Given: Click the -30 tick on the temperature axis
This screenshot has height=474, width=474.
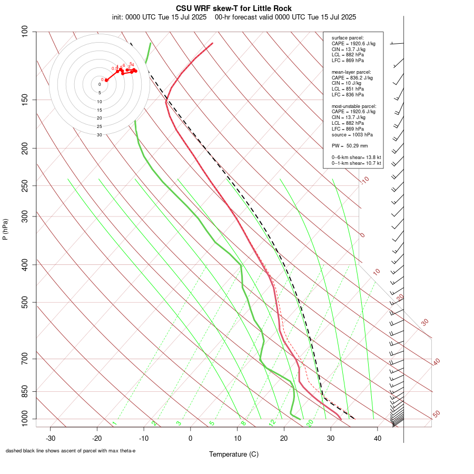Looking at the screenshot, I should [x=51, y=438].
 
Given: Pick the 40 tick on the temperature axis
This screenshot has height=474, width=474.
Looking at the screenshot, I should [x=377, y=438].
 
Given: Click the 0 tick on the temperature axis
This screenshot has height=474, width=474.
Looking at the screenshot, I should [x=191, y=438].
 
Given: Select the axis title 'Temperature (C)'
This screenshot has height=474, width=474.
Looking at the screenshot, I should [x=234, y=454].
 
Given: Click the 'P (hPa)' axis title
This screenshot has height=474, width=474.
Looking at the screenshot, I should [x=5, y=229].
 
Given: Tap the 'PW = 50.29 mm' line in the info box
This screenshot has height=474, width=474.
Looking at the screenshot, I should [x=350, y=146].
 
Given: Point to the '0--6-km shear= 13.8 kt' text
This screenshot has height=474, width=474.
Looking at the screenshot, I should [x=356, y=157].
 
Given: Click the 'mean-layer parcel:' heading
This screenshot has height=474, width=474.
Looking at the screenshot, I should [x=351, y=72].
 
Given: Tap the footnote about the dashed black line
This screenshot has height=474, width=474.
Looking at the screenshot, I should [x=71, y=451].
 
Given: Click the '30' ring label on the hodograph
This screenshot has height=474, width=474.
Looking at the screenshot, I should [x=100, y=135].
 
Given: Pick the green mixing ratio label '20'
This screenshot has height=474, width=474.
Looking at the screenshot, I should [x=310, y=423].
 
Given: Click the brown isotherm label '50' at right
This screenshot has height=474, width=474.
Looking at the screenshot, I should [x=436, y=414].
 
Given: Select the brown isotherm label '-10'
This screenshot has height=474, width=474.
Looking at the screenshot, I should [x=364, y=180].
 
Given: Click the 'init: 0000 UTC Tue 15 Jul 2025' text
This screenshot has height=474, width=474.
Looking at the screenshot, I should [x=159, y=17].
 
